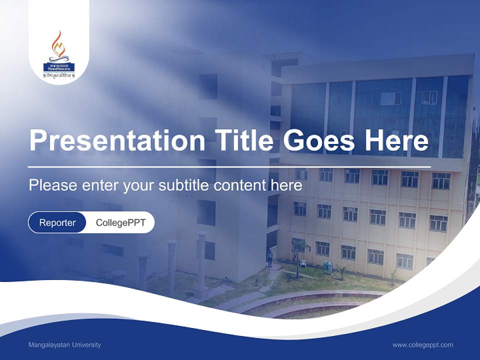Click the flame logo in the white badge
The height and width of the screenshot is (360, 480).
(x=59, y=46)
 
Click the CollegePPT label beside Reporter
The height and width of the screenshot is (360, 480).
(x=120, y=222)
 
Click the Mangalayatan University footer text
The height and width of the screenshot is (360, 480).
(x=65, y=344)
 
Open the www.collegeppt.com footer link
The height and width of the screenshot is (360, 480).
(x=422, y=344)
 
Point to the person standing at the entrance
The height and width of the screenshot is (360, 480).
(x=270, y=258)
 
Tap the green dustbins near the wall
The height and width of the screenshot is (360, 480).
(x=328, y=266)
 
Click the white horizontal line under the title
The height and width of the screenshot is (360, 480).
(x=229, y=166)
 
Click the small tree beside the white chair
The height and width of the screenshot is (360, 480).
(x=298, y=252)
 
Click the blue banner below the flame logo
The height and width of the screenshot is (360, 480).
(x=59, y=66)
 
